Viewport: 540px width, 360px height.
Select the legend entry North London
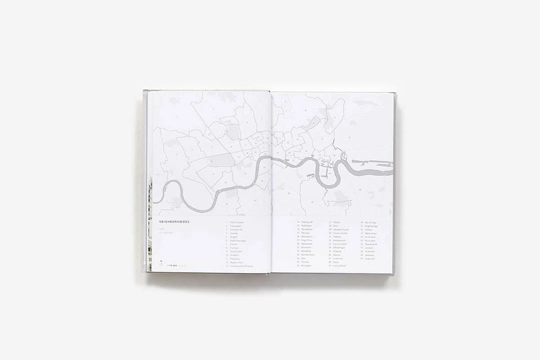pyautogui.click(x=237, y=221)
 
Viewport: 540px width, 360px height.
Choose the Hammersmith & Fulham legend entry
pyautogui.click(x=241, y=266)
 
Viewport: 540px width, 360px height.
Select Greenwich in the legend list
pyautogui.click(x=370, y=258)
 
